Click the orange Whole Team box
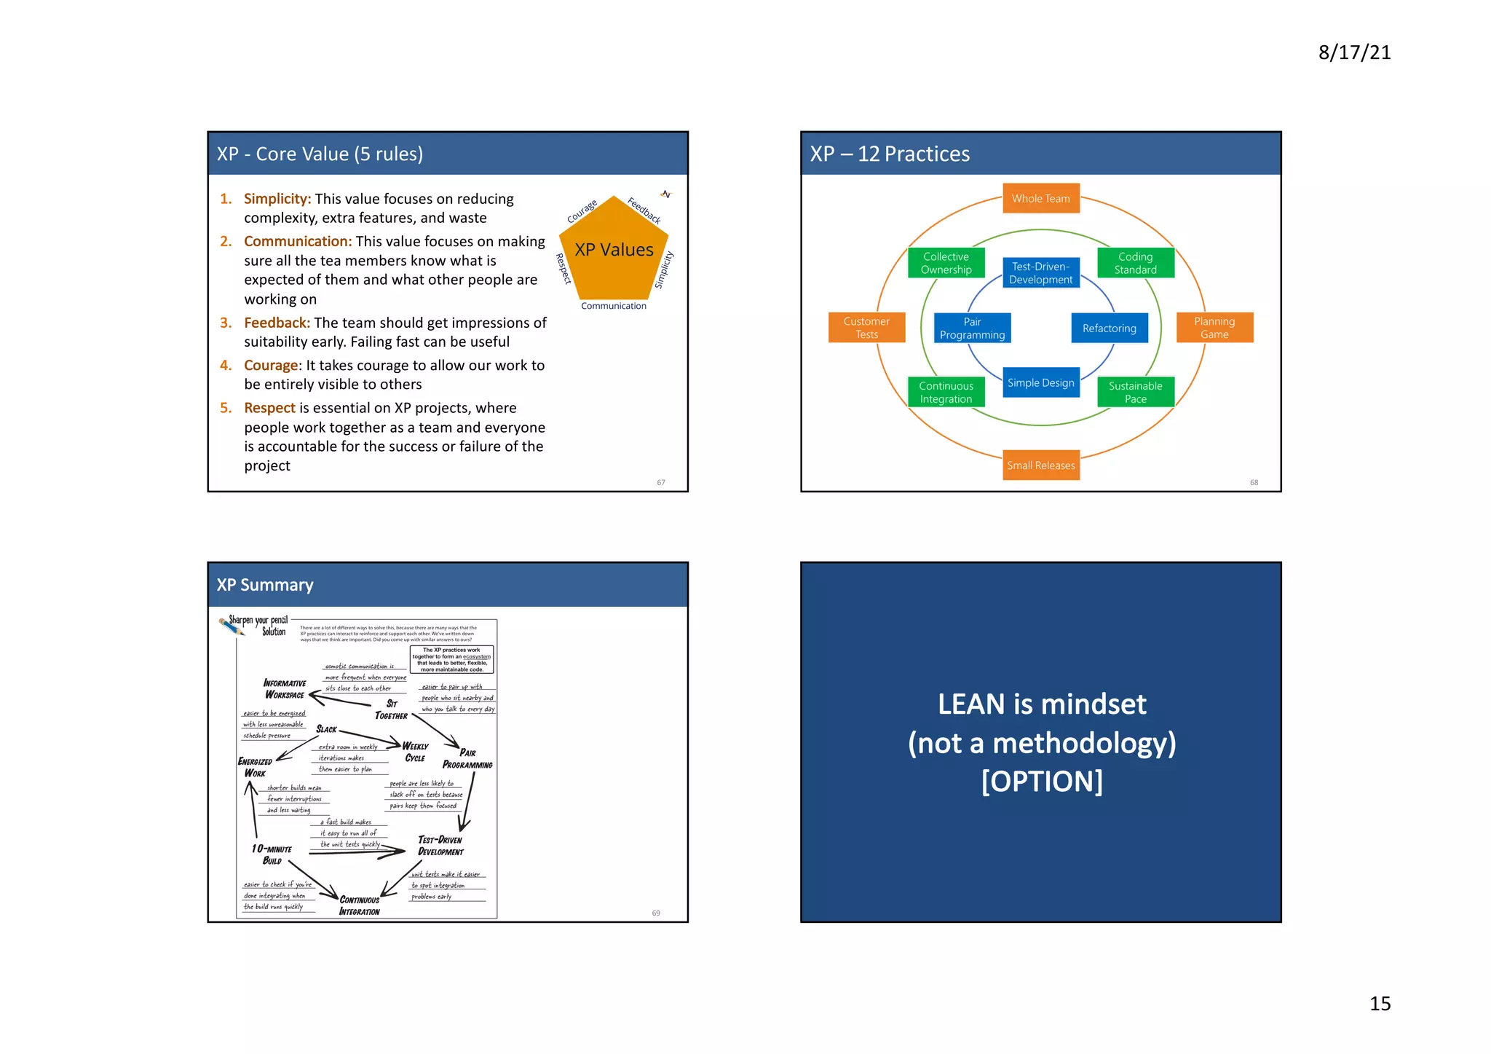[1040, 198]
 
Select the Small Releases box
[1040, 465]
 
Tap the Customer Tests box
[866, 328]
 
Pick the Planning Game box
[1214, 328]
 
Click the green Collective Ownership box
[946, 263]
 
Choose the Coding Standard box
[1135, 263]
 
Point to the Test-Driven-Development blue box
[1040, 273]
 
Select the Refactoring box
[1109, 329]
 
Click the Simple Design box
[1040, 383]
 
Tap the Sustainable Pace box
[1135, 392]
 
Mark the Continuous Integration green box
[946, 392]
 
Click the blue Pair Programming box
[972, 329]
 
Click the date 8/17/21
[1354, 52]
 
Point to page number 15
[1380, 1004]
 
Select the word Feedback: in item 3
[277, 323]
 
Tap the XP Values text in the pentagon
[614, 250]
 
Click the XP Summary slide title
[265, 585]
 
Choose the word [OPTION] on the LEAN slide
[1042, 782]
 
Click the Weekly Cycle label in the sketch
[415, 752]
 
